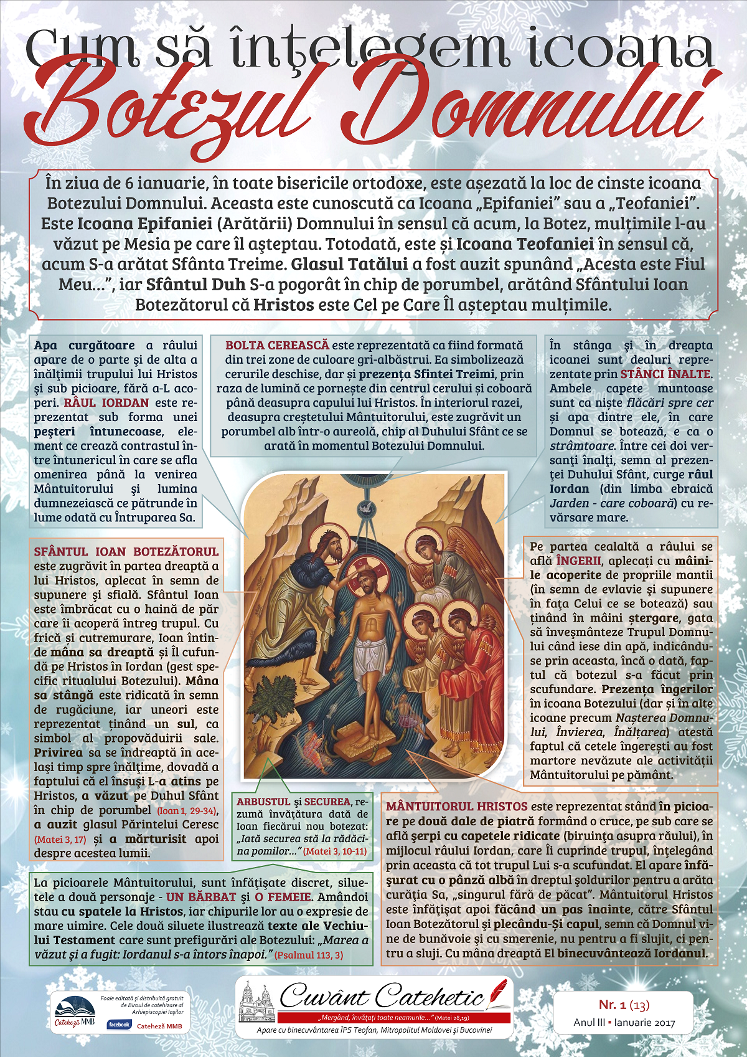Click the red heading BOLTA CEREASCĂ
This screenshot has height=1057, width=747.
click(277, 345)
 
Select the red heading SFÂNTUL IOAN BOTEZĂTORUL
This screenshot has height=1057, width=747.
click(126, 551)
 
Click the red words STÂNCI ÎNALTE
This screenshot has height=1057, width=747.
click(665, 374)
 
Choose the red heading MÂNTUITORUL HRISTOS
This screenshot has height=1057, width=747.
click(456, 807)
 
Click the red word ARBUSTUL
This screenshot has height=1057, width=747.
click(263, 802)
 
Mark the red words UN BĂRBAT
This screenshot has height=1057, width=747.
click(201, 898)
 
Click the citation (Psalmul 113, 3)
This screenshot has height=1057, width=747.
click(308, 955)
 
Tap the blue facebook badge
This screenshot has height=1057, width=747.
click(119, 1024)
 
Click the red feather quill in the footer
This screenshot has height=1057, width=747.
click(497, 992)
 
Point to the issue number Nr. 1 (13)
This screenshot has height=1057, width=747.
click(624, 1005)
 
